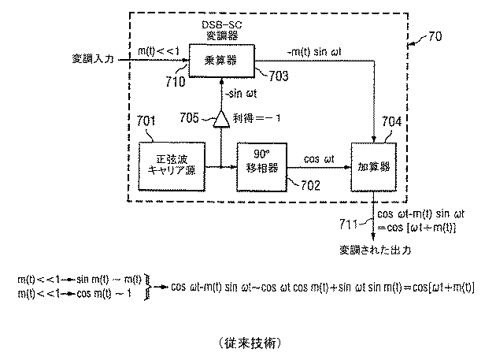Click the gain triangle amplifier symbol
point(223,120)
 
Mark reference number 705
point(190,119)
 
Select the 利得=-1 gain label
point(264,120)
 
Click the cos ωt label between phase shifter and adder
point(319,158)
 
